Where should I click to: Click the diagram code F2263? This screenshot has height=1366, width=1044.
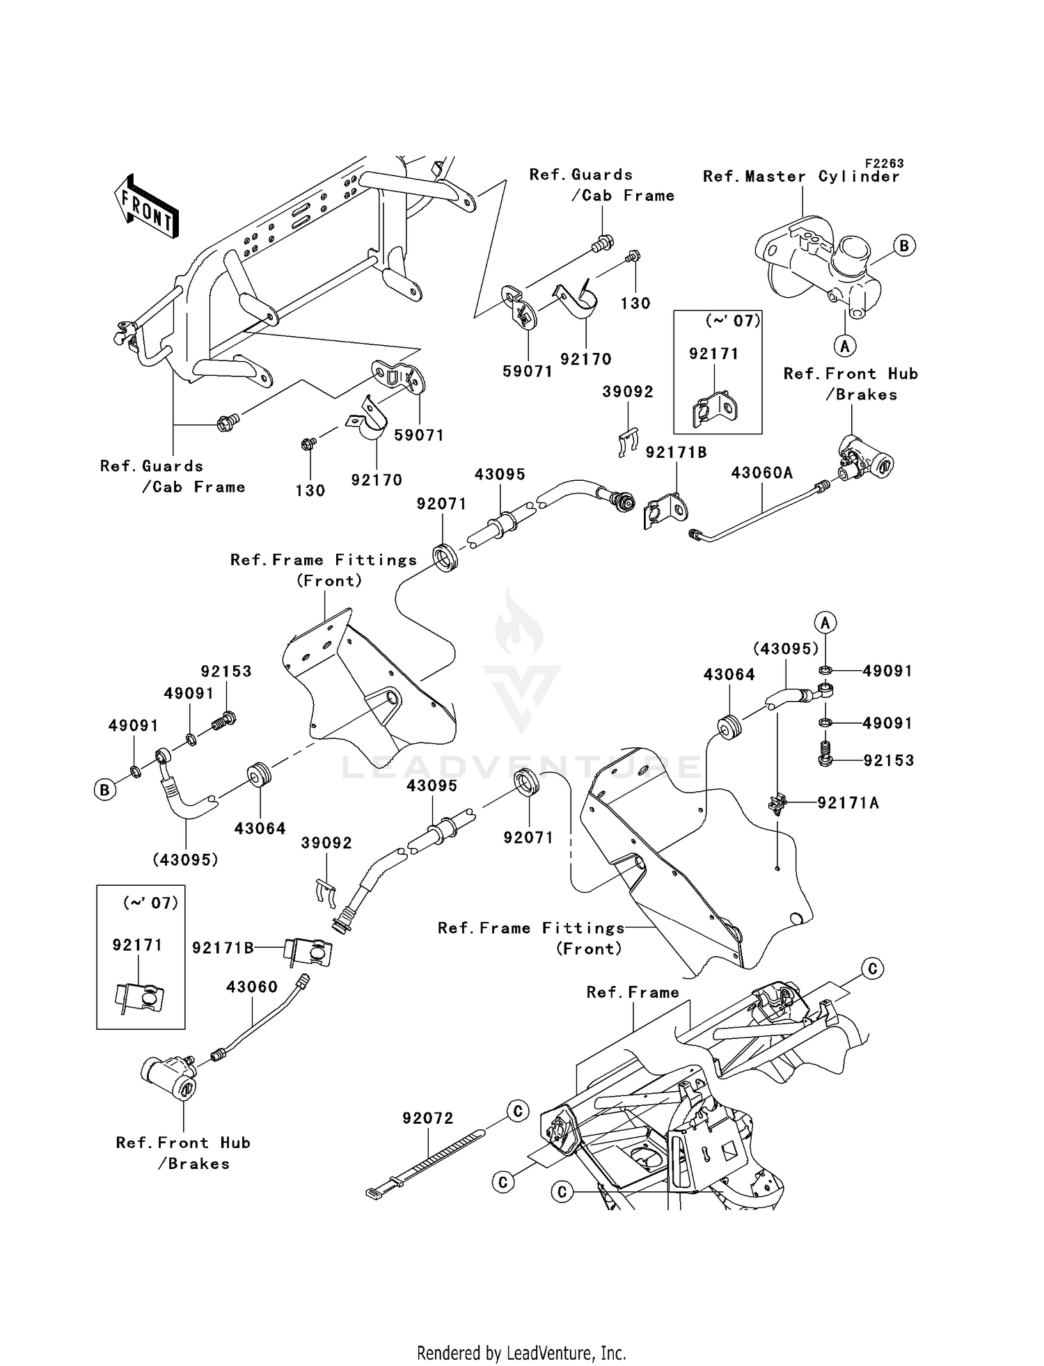point(884,164)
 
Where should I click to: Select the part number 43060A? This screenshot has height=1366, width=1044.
point(761,473)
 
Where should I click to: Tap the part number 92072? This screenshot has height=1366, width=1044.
point(427,1118)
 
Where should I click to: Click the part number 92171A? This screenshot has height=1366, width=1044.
point(848,803)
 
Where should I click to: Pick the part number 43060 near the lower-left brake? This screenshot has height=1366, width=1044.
point(252,987)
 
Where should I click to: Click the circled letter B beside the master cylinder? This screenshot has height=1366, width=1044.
point(903,246)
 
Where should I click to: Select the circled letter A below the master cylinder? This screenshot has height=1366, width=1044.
point(844,346)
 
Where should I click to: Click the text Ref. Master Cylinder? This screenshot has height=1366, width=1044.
point(800,177)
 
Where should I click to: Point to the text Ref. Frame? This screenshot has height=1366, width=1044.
point(632,992)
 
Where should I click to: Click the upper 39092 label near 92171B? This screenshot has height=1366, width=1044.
point(628,392)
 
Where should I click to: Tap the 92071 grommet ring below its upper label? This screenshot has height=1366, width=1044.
point(445,559)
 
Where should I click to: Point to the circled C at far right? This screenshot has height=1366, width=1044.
point(872,969)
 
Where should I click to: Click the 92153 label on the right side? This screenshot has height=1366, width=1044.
point(889,761)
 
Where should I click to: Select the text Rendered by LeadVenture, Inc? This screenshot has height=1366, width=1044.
point(521,1353)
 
